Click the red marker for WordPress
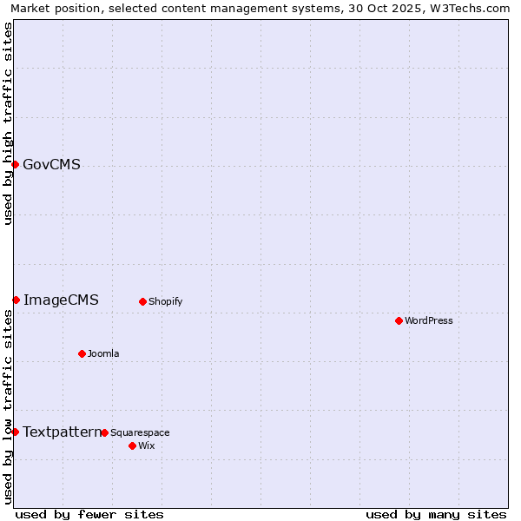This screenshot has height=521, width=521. pos(399,320)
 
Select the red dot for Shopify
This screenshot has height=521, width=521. pos(142,301)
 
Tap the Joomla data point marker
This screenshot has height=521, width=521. pos(82,353)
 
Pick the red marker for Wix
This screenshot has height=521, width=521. pos(132,445)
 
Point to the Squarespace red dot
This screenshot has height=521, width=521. pos(104,432)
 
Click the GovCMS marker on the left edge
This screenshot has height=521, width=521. pos(15,164)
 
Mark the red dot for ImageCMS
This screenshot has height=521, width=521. pos(16,300)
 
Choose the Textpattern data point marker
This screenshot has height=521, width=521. pos(15,432)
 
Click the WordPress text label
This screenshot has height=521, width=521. pos(429,320)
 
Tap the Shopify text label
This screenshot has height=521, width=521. pos(165,301)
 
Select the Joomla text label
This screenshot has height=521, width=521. pos(103,353)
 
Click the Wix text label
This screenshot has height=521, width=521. pos(146,445)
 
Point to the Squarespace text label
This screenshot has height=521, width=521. pos(140,432)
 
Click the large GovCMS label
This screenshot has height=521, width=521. pos(51,164)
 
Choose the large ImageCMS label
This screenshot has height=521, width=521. pos(61,300)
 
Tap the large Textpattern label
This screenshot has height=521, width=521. pos(62,432)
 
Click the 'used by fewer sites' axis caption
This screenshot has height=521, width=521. pos(89,514)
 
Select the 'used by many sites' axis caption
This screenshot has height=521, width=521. pos(436,514)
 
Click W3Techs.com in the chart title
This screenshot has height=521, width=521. pos(468,9)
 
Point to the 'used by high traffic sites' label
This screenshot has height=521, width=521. pos(8,123)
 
